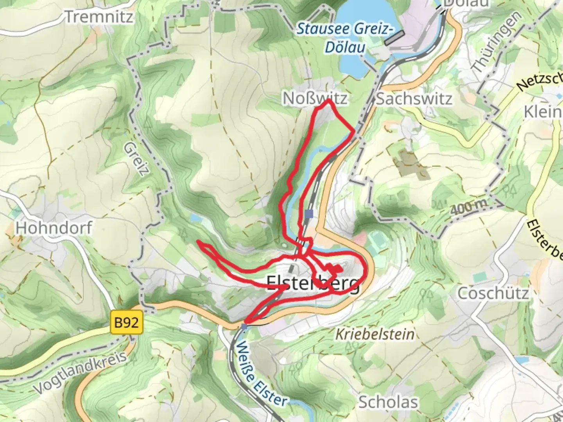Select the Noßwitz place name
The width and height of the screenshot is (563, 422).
315,98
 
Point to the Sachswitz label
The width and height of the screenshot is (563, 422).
414,99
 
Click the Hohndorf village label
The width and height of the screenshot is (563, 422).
54,227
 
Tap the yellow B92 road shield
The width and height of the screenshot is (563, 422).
126,323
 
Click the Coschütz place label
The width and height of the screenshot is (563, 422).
493,293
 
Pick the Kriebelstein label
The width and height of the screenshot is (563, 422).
375,334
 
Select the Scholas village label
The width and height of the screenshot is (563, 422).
388,402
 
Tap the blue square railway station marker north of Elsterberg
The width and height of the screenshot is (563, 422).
309,214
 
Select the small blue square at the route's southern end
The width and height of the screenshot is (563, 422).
244,326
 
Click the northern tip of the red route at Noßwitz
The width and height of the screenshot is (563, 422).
328,100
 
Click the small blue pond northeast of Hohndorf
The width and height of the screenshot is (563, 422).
194,217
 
